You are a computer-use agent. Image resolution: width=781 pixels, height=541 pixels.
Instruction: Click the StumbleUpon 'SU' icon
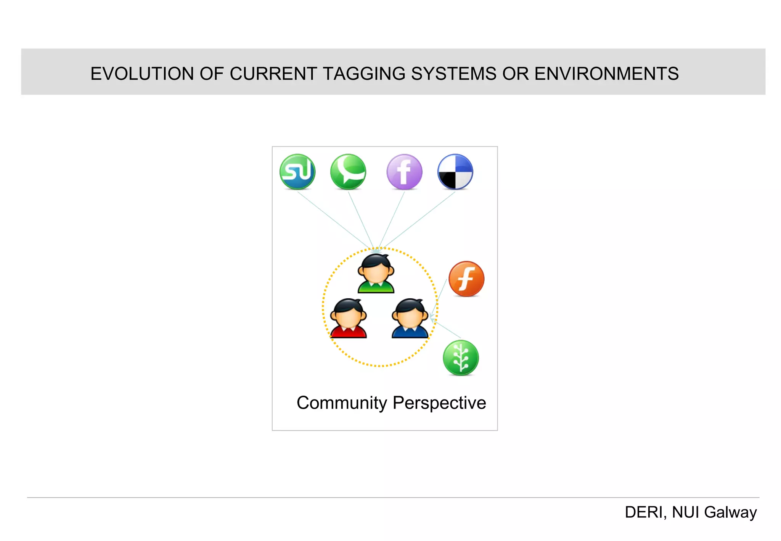297,172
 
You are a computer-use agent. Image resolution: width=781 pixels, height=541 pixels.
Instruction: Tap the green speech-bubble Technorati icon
348,172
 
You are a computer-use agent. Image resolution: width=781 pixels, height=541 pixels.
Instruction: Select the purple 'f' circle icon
404,172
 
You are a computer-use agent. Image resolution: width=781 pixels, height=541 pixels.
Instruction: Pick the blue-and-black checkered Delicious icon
455,172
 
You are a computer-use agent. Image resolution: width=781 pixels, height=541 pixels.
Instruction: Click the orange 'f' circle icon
466,279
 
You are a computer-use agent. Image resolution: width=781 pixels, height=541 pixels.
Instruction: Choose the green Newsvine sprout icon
461,358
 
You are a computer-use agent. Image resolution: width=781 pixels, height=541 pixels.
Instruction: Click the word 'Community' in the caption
342,403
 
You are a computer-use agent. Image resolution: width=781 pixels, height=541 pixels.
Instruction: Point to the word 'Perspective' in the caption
439,403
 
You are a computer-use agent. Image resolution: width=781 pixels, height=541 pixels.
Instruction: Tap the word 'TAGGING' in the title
364,74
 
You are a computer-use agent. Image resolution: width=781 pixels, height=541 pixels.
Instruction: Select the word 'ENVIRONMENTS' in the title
606,74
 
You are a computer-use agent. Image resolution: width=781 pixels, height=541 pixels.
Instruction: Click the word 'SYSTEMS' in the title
454,74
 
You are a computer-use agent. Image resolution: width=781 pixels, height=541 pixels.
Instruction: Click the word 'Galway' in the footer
730,512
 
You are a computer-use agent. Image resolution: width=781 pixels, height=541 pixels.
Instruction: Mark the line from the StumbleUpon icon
336,220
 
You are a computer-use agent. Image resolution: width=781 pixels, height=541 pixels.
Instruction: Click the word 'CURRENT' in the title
273,74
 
